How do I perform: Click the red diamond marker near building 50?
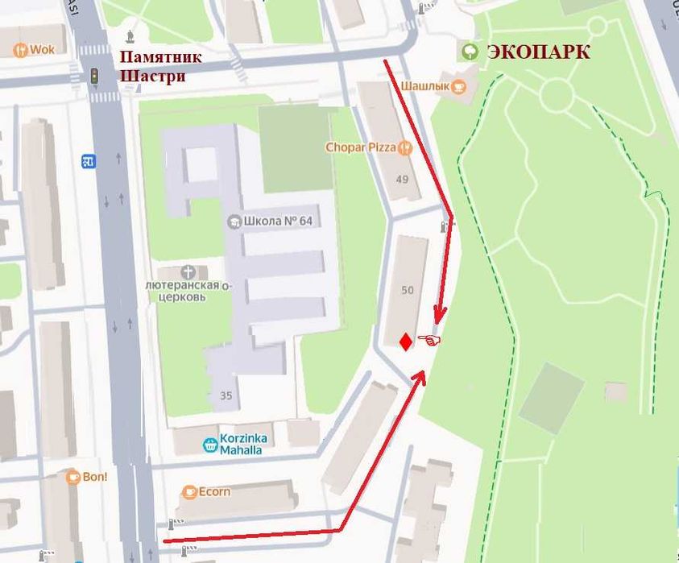[x=406, y=342]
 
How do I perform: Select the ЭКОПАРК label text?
[x=538, y=53]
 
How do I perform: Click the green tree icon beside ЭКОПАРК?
[x=468, y=52]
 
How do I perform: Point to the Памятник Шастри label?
[x=160, y=67]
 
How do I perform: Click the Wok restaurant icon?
[x=19, y=49]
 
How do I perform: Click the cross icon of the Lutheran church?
[x=188, y=272]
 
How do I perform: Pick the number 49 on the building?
[x=403, y=180]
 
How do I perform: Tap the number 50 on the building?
[x=407, y=290]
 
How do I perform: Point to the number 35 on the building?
[x=226, y=395]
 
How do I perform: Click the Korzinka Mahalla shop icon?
[x=209, y=443]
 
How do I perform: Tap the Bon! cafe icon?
[x=72, y=476]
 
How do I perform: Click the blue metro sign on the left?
[x=89, y=162]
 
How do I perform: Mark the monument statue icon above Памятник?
[x=131, y=35]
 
